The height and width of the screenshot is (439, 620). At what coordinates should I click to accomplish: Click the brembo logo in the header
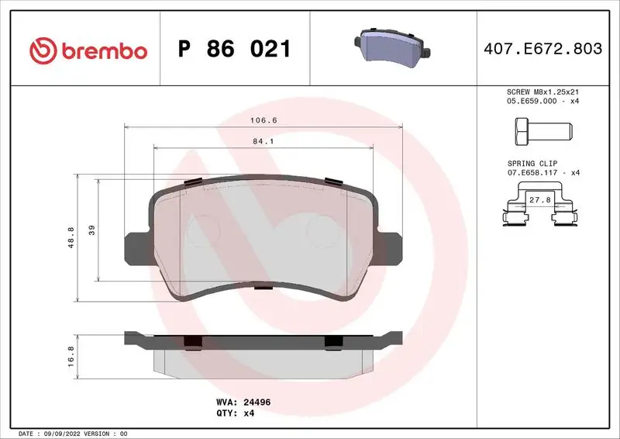pos(88,50)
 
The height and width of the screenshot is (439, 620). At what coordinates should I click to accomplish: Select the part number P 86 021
pos(235,50)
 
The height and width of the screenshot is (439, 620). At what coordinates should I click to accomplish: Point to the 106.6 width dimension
pos(263,120)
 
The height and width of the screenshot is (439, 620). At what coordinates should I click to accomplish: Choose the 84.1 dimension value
pos(263,142)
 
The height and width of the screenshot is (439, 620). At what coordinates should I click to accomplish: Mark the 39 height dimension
pos(92,230)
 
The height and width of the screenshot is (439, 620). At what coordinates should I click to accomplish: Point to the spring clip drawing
pos(540,213)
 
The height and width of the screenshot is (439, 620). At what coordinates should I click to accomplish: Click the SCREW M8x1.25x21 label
pos(542,92)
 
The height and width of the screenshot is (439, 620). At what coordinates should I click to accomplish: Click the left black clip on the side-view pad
pos(192,341)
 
